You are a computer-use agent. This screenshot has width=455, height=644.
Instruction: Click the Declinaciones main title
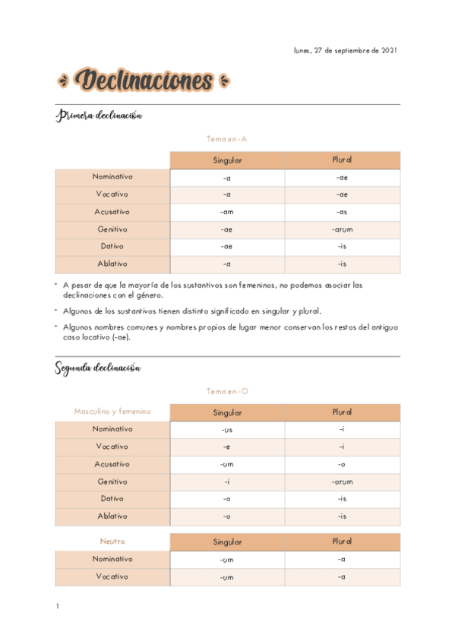point(144,80)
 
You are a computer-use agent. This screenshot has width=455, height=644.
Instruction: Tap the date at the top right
point(345,51)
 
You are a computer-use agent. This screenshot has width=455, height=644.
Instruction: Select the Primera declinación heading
point(99,115)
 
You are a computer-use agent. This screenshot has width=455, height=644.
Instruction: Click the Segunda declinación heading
point(98,368)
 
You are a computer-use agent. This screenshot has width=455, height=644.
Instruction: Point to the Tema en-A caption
point(227,139)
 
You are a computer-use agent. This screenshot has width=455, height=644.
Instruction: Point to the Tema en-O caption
point(227,391)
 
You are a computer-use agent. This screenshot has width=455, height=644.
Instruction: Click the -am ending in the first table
point(226,212)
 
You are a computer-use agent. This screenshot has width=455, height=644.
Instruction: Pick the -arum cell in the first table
point(342,229)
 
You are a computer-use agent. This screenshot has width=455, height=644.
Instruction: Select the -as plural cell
point(342,212)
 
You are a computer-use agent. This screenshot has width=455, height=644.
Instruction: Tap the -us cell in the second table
point(226,429)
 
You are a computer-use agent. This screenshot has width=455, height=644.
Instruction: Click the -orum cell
point(342,481)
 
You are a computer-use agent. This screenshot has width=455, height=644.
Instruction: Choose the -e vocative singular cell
point(226,447)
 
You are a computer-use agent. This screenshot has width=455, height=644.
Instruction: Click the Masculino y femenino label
point(112,412)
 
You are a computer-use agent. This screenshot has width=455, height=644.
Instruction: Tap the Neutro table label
point(112,541)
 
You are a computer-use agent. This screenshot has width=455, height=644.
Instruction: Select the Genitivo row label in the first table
point(112,229)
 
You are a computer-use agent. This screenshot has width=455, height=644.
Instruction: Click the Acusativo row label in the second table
point(112,463)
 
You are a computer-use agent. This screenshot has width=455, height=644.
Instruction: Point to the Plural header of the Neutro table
point(342,541)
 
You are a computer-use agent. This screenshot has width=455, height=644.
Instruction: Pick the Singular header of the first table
point(227,160)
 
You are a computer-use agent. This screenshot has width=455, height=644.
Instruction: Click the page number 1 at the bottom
point(57,607)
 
